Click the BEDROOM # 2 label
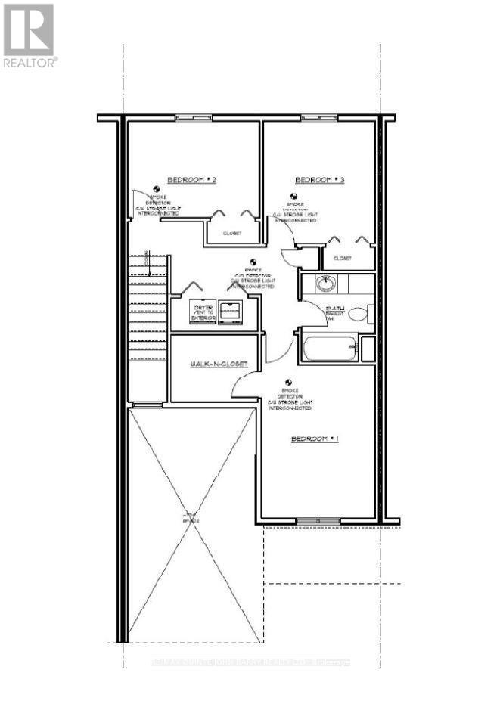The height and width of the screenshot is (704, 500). (x=192, y=180)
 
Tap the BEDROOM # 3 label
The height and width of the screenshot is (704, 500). (x=319, y=180)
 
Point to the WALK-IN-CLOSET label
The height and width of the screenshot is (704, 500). (x=218, y=364)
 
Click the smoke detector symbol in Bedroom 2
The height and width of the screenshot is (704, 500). (x=157, y=189)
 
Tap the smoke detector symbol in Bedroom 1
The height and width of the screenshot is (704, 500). (x=288, y=383)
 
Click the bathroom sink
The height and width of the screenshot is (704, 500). (x=325, y=284)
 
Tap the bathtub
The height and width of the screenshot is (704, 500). (x=329, y=349)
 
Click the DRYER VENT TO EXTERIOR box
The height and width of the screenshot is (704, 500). (x=203, y=312)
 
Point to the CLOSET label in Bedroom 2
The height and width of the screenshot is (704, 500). (x=231, y=234)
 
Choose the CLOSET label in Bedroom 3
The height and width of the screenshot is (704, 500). (x=342, y=258)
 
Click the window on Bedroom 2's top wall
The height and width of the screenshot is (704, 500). (x=186, y=118)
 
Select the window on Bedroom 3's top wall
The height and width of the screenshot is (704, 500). (x=312, y=118)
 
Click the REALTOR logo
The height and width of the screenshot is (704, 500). (x=29, y=35)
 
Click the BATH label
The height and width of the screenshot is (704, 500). (x=335, y=309)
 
